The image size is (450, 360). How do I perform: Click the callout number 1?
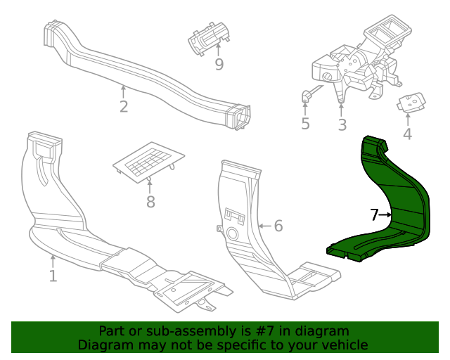tap(53, 276)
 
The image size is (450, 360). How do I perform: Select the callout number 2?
tap(124, 107)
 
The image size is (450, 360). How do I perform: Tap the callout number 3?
tap(342, 125)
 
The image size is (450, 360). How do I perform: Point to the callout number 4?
tap(407, 134)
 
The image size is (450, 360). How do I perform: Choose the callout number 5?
tap(305, 124)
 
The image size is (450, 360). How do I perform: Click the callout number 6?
tap(278, 226)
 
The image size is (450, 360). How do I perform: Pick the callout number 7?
tap(375, 215)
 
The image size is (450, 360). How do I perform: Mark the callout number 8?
tap(150, 202)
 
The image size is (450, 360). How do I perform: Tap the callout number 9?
tap(219, 65)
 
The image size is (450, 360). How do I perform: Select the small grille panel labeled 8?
tap(148, 163)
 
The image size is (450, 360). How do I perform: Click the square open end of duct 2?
tap(240, 116)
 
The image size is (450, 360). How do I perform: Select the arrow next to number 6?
tap(264, 226)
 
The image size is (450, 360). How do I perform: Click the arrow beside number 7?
tap(386, 215)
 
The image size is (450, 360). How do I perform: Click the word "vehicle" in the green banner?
tap(343, 345)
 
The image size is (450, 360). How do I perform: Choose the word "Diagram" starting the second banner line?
tap(105, 345)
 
